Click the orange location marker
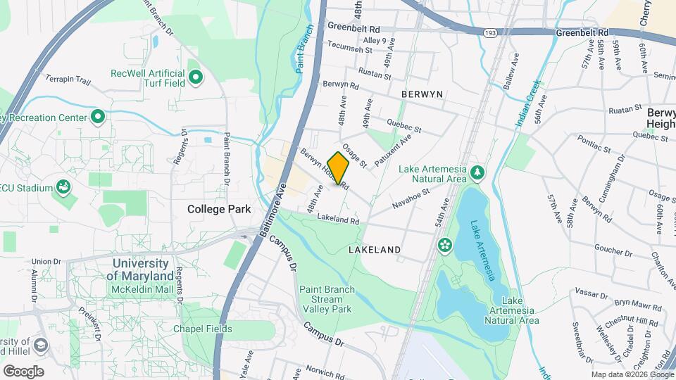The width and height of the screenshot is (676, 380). (338, 167)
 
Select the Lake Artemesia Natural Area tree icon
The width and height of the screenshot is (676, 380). (477, 172)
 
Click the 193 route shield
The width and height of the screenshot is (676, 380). (490, 32)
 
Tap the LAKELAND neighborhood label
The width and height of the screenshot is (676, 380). (375, 250)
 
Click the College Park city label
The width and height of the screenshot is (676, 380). (215, 209)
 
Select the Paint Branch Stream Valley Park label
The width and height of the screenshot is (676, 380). (325, 299)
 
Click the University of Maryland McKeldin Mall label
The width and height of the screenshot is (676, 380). (140, 270)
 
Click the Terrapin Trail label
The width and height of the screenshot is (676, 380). (68, 81)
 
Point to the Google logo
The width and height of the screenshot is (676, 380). (23, 371)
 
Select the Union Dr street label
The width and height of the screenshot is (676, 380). (46, 261)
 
